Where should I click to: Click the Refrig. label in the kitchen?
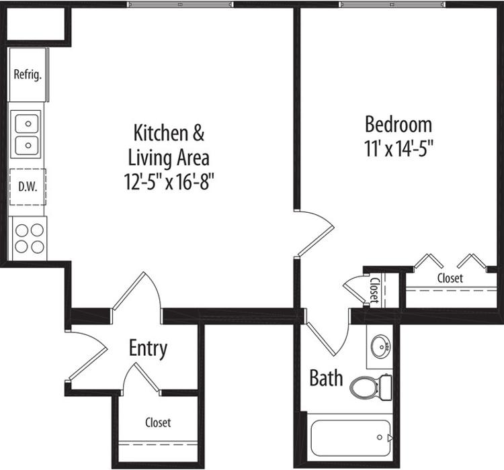(28, 75)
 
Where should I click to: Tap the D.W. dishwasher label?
(28, 187)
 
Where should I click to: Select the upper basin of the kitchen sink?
(27, 124)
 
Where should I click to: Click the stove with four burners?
(30, 238)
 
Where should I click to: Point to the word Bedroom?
(398, 125)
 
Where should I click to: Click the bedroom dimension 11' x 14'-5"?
(399, 149)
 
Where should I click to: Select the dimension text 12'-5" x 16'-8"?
(169, 182)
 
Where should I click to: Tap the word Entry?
(149, 348)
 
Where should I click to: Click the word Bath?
(326, 378)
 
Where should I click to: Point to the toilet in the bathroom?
(371, 387)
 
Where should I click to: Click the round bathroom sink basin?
(381, 346)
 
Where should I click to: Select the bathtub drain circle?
(380, 437)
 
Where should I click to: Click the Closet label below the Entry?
(158, 422)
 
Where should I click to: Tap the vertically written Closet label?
(374, 291)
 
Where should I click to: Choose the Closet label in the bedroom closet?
(450, 278)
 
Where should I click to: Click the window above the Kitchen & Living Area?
(180, 5)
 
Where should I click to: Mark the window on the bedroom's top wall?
(392, 5)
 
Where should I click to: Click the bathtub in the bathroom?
(351, 438)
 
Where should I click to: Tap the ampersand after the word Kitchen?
(198, 133)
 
